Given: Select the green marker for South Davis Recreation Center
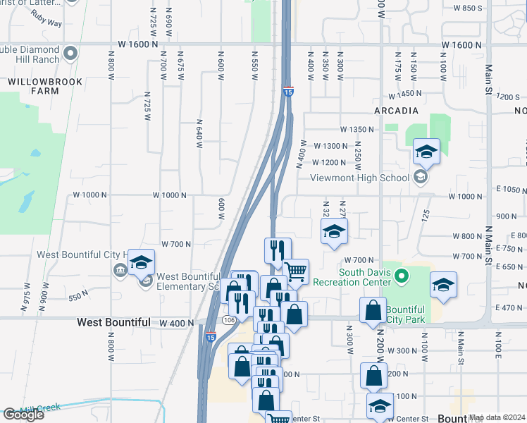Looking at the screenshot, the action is (402, 276).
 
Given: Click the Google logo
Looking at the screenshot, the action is (23, 414).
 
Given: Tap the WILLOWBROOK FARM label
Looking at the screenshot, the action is (45, 86).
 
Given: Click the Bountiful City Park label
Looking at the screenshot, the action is (405, 314).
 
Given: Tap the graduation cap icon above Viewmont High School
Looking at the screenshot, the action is (426, 151).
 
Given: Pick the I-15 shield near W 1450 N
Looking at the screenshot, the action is (288, 92).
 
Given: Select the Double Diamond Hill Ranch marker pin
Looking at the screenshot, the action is (70, 53).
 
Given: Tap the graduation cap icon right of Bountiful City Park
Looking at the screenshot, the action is (443, 284).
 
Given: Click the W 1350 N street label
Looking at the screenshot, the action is (356, 130).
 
